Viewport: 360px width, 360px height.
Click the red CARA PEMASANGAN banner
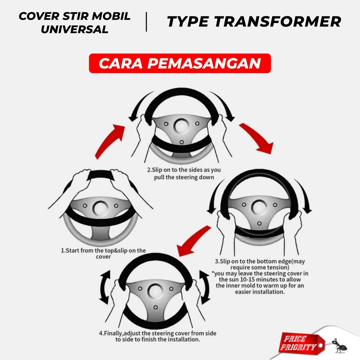click(x=180, y=63)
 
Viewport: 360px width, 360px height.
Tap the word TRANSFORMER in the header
click(x=278, y=21)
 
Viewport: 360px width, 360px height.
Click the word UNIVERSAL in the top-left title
click(x=75, y=30)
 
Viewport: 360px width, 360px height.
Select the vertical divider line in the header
click(x=146, y=22)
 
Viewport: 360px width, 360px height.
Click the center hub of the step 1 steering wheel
click(x=100, y=208)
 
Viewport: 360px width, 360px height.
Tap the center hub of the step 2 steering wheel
click(x=181, y=127)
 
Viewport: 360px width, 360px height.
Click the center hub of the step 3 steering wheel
click(x=259, y=207)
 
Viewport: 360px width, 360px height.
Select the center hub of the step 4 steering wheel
click(x=155, y=291)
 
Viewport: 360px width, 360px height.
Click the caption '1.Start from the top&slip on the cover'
click(x=103, y=253)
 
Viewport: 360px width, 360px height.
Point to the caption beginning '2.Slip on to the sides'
click(x=184, y=174)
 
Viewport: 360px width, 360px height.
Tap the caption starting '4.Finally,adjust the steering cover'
click(x=158, y=336)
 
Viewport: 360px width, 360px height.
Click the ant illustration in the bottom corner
click(x=339, y=345)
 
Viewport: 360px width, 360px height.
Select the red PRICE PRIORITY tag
click(x=301, y=343)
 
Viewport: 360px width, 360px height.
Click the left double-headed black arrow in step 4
click(x=104, y=288)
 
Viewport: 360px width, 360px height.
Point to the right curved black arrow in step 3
click(x=304, y=195)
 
